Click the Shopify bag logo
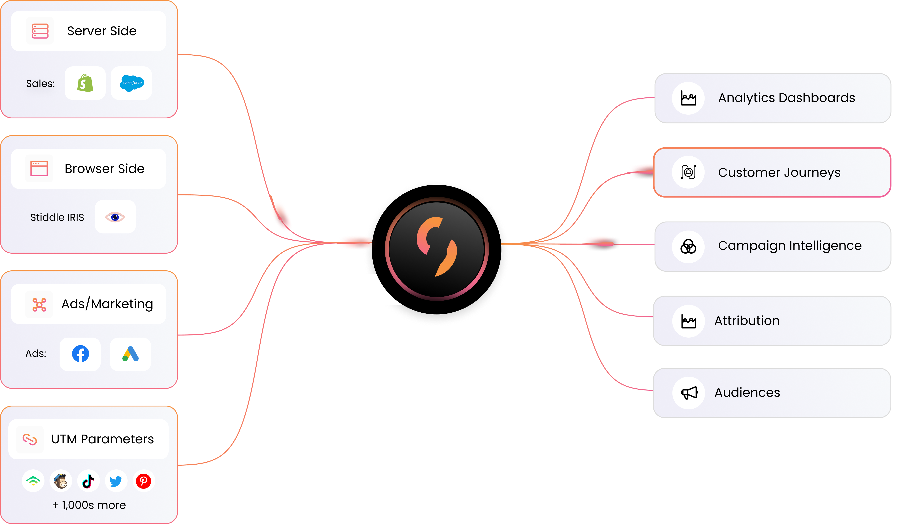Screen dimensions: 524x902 tap(85, 83)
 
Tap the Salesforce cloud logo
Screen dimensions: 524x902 tap(132, 83)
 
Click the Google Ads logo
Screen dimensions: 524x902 tap(130, 354)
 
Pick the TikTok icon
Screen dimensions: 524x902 tap(88, 481)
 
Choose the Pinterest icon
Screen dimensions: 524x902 tap(144, 481)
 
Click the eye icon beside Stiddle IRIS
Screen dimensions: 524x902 tap(115, 217)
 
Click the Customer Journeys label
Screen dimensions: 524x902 tap(779, 173)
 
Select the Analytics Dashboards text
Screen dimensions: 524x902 tap(786, 98)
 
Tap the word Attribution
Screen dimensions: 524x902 tap(747, 321)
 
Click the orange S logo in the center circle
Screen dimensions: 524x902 tap(437, 247)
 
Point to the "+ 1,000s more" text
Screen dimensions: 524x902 tap(89, 505)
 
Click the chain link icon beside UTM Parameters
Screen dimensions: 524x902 tap(30, 439)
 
